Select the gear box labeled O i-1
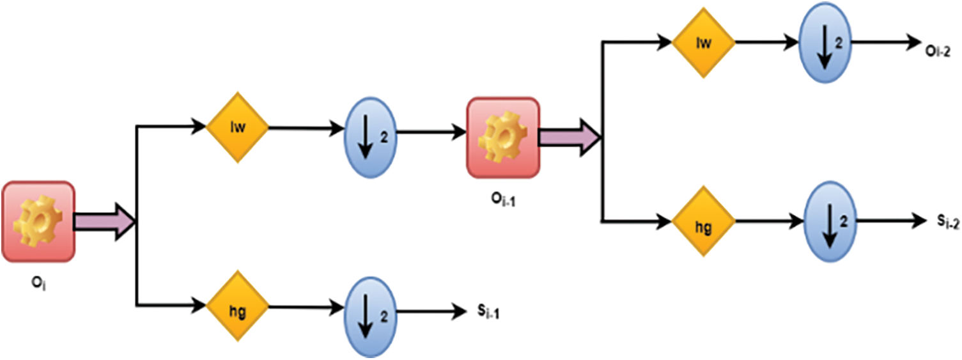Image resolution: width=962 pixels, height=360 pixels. click(503, 137)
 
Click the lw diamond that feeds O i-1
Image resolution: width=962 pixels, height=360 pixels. click(236, 127)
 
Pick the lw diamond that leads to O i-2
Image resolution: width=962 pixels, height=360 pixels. click(702, 43)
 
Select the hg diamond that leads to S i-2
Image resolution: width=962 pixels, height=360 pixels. click(702, 221)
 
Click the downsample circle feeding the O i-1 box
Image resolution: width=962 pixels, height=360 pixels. click(369, 132)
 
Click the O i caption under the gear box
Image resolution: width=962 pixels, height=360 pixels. click(38, 282)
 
